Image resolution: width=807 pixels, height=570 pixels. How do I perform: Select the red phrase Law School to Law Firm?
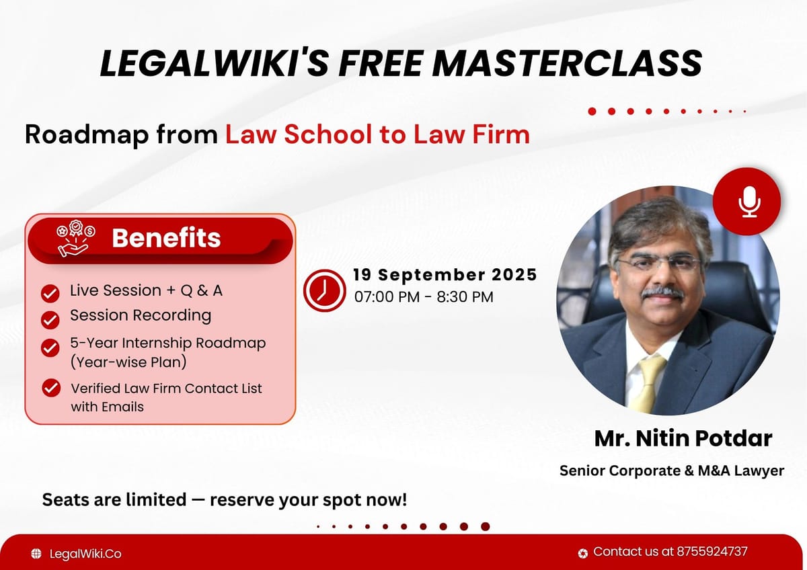(x=377, y=134)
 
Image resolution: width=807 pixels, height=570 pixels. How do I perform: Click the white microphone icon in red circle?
(x=746, y=202)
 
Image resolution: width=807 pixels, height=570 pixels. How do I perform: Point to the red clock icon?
(x=324, y=290)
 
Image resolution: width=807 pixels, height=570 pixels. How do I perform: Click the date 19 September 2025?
(x=445, y=274)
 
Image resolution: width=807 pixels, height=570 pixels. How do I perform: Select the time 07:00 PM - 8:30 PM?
(x=424, y=296)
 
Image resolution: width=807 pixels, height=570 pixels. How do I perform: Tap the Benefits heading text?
(x=166, y=238)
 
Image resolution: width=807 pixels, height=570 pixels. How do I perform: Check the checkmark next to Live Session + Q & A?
(x=50, y=293)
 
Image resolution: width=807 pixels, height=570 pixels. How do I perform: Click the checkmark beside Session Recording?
(x=50, y=319)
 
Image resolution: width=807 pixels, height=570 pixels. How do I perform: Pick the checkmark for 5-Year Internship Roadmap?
(x=50, y=347)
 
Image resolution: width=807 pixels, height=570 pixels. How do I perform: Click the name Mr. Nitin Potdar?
(x=683, y=439)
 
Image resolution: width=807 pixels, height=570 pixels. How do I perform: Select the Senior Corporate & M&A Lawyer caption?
(x=671, y=471)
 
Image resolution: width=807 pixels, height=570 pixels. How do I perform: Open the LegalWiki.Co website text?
(x=85, y=554)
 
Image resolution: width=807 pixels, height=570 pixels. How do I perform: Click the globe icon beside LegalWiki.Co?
(x=36, y=554)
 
